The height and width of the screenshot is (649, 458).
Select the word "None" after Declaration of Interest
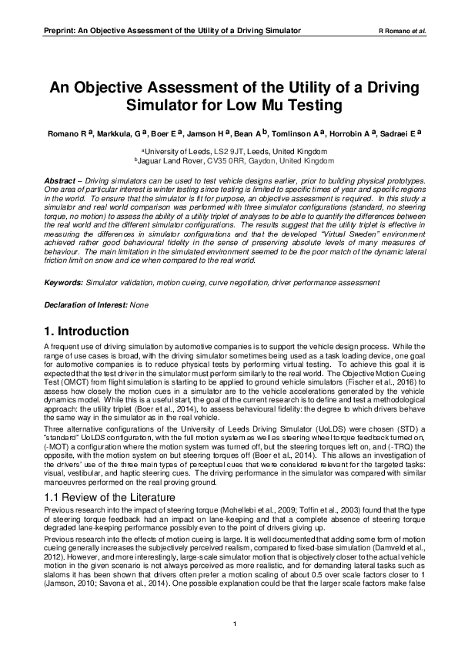click(x=139, y=305)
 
